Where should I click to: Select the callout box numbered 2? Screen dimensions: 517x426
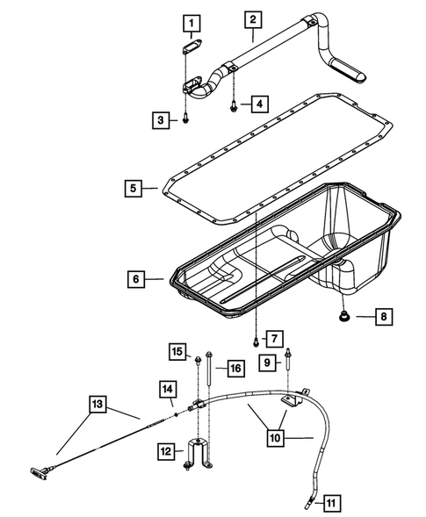click(x=252, y=18)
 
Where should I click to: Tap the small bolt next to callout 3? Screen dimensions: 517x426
click(x=187, y=118)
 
